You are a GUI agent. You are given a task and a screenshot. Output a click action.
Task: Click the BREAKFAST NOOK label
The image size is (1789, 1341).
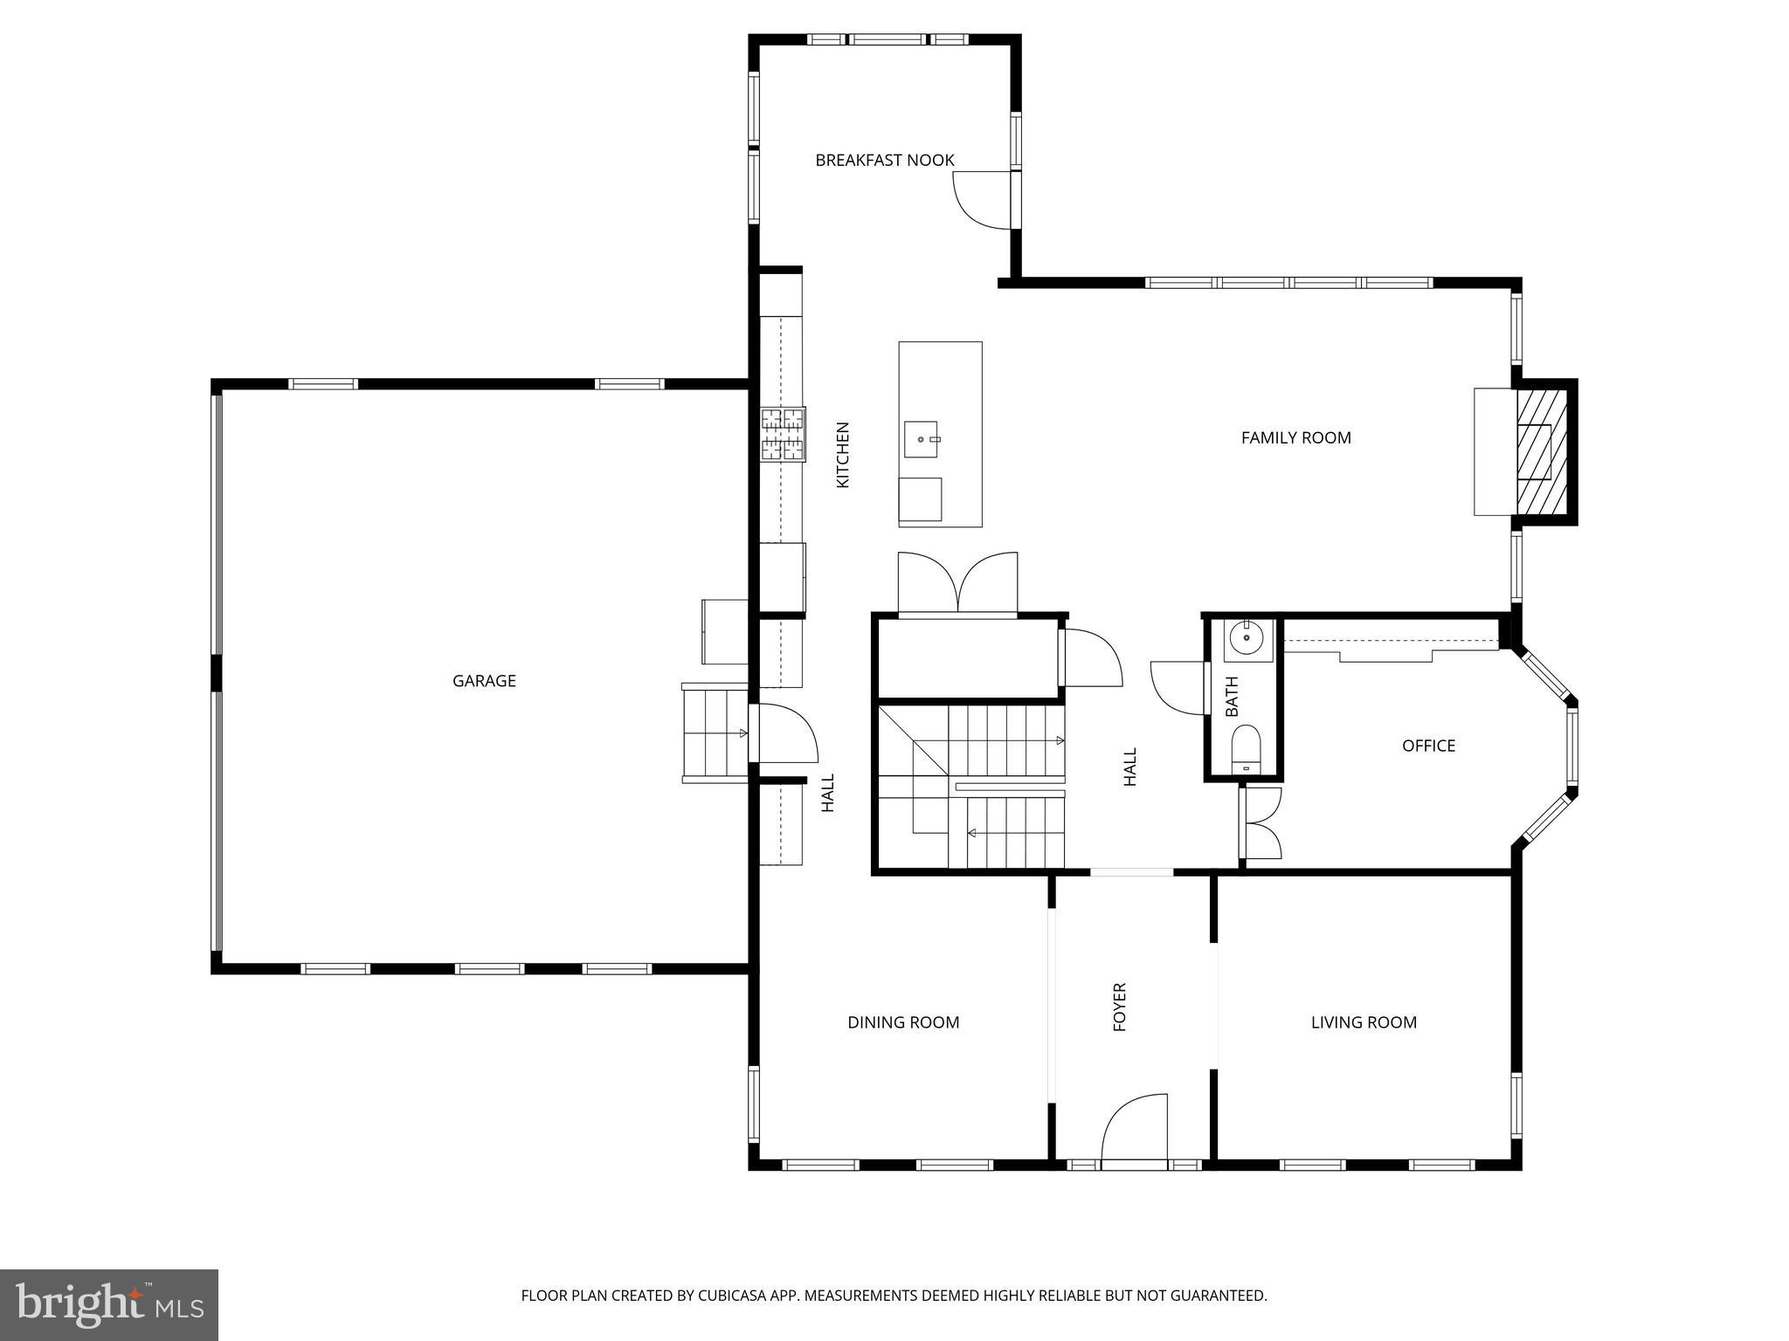pyautogui.click(x=884, y=161)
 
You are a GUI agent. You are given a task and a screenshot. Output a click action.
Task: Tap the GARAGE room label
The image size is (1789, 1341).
pyautogui.click(x=484, y=681)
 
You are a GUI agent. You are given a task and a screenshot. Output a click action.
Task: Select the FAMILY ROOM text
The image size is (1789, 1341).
pyautogui.click(x=1295, y=438)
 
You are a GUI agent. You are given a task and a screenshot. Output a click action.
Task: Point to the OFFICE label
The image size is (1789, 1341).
pyautogui.click(x=1428, y=746)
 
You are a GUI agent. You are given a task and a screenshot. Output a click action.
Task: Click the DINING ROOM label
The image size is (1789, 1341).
pyautogui.click(x=903, y=1022)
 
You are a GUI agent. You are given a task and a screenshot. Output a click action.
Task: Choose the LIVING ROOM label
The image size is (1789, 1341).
pyautogui.click(x=1364, y=1022)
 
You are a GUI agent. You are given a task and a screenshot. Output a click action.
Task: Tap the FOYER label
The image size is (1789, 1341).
pyautogui.click(x=1120, y=1007)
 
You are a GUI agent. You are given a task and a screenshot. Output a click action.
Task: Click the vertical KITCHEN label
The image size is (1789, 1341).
pyautogui.click(x=843, y=455)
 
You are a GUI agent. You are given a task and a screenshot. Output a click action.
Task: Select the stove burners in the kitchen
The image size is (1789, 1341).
pyautogui.click(x=783, y=434)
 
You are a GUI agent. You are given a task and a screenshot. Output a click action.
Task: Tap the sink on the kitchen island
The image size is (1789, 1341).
pyautogui.click(x=921, y=439)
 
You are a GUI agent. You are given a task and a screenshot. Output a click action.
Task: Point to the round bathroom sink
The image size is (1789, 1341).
pyautogui.click(x=1246, y=639)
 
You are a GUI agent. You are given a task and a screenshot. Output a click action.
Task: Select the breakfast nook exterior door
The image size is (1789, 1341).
pyautogui.click(x=984, y=201)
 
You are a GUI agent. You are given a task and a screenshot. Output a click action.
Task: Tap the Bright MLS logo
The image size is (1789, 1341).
pyautogui.click(x=109, y=1305)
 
